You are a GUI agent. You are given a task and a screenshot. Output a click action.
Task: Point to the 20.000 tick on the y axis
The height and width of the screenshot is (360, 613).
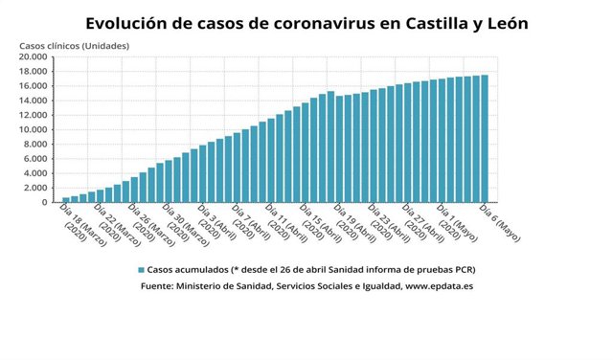point(34,56)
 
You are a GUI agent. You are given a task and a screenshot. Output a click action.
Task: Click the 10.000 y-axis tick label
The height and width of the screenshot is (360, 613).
point(34,129)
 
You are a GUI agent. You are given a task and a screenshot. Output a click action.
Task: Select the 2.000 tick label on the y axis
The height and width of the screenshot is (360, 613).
point(36,188)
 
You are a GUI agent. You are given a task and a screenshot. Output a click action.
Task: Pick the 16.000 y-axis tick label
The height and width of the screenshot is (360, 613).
point(34,86)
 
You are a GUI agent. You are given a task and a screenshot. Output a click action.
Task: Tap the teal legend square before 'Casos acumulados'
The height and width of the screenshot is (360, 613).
point(141,270)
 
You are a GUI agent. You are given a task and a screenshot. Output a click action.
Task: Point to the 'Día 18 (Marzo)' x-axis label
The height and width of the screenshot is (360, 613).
point(80,226)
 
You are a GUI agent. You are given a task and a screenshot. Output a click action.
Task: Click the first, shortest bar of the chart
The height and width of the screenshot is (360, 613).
point(66,199)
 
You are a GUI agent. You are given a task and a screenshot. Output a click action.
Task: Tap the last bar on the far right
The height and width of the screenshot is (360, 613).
point(485,139)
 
